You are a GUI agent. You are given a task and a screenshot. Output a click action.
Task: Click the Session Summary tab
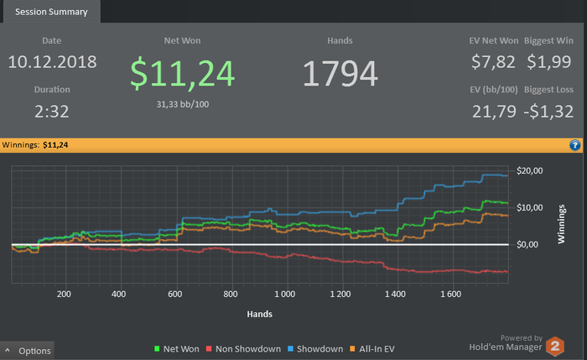pos(51,12)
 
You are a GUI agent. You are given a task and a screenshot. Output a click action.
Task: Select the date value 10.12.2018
pos(52,62)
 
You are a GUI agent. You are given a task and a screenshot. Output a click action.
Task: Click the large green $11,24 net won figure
pos(181,73)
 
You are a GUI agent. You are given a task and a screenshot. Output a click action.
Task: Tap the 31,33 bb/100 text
pos(181,104)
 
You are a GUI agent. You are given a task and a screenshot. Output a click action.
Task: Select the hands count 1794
pos(340,74)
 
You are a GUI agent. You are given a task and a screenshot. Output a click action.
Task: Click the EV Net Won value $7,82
pos(493,62)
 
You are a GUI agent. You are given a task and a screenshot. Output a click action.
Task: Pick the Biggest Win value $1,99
pos(549,62)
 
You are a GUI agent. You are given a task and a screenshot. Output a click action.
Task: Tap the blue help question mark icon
pos(575,145)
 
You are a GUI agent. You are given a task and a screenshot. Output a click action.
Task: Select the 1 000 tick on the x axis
pos(284,295)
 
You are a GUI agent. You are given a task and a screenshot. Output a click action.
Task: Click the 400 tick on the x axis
pos(118,295)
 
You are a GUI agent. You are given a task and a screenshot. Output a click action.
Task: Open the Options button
pos(29,351)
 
